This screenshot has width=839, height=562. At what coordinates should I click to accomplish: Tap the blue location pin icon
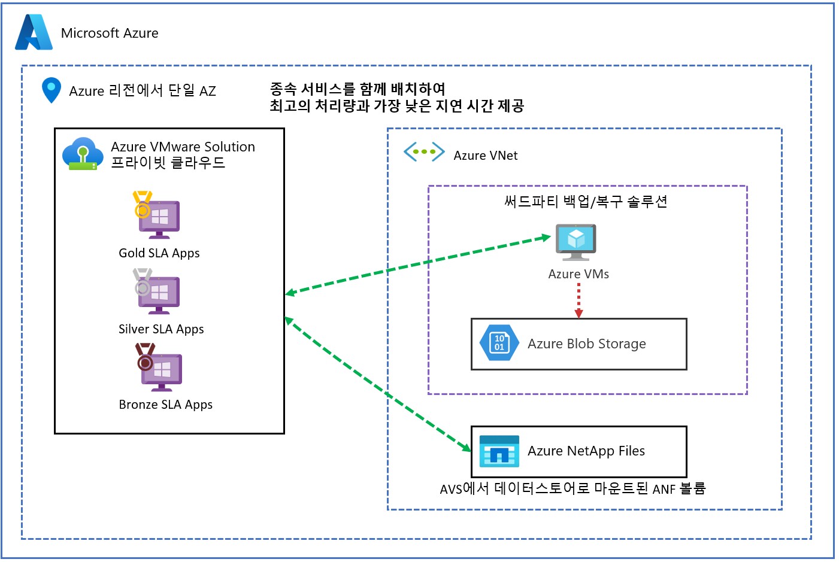(52, 90)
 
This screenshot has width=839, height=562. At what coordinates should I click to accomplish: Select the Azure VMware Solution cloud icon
(82, 154)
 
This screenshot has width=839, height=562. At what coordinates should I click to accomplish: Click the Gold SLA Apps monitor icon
(157, 216)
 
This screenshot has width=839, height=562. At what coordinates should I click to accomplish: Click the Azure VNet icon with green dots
(424, 152)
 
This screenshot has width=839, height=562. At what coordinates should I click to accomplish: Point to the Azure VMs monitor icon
(576, 242)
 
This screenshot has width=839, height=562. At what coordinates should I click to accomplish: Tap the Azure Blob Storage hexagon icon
(499, 343)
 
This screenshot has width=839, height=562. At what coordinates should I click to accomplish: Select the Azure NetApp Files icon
(499, 451)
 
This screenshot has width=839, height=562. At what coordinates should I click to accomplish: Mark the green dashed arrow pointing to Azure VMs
(419, 264)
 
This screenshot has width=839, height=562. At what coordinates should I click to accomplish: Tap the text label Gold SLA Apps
(159, 253)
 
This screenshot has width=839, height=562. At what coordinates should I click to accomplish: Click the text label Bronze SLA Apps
(166, 405)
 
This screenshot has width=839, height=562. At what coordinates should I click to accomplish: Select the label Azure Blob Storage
(586, 344)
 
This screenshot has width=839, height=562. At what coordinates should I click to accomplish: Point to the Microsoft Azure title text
(110, 34)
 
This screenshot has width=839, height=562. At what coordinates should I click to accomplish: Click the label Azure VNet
(485, 156)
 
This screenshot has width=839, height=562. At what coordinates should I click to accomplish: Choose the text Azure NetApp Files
(586, 451)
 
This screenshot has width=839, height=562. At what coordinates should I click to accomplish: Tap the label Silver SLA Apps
(161, 329)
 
